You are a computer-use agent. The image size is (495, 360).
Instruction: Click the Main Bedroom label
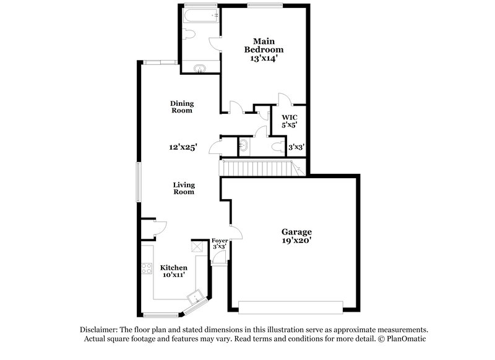(x=264, y=45)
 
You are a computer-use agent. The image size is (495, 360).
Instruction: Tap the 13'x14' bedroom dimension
(x=264, y=58)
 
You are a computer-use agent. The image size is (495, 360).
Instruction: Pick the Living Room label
(x=184, y=188)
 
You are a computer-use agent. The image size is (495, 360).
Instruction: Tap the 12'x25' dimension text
(x=183, y=147)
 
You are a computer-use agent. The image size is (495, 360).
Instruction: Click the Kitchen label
(x=174, y=267)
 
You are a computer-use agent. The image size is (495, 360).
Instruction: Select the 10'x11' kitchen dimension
(x=174, y=276)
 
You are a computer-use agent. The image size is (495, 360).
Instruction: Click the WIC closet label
(x=290, y=117)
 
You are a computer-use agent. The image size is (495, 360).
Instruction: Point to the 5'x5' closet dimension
(x=290, y=125)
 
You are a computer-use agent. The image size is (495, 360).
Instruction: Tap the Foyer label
(x=220, y=240)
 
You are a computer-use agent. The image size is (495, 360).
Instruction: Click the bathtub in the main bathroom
(x=201, y=15)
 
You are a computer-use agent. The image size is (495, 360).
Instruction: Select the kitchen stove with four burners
(x=147, y=268)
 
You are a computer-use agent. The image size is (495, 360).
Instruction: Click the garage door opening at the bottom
(x=290, y=307)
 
